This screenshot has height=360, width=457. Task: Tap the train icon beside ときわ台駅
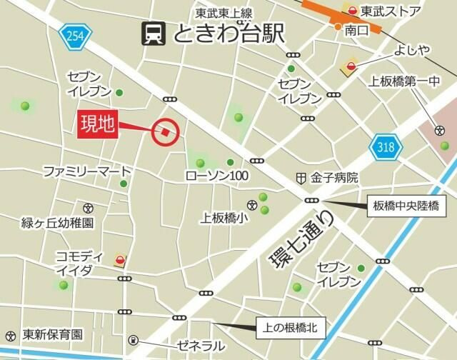coord(154,33)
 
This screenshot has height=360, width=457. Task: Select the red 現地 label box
coord(97,124)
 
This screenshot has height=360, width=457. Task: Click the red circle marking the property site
coord(166,131)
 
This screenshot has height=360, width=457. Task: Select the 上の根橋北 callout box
coord(290,329)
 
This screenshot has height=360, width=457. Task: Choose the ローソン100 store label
coord(217,176)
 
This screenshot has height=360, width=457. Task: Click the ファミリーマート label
coord(87,171)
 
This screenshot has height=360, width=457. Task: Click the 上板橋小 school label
coord(224,218)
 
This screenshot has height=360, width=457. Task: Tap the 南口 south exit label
coord(356,31)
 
